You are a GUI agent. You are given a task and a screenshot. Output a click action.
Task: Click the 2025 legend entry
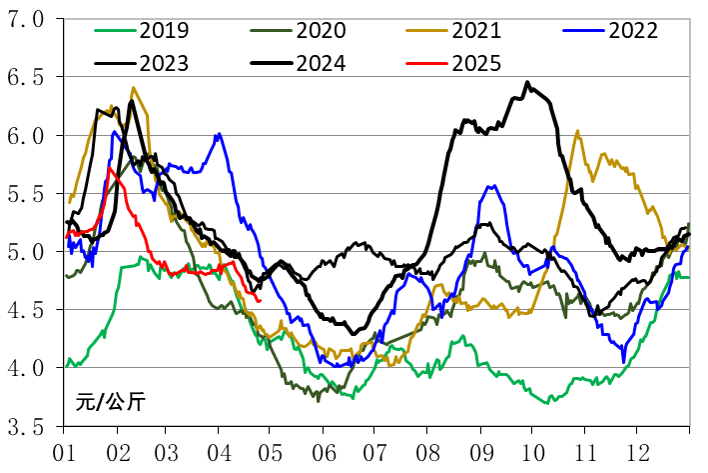pyautogui.click(x=475, y=64)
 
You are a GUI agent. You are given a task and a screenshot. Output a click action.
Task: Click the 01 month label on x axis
pyautogui.click(x=65, y=451)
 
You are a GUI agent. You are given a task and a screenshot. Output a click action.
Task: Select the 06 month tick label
pyautogui.click(x=322, y=451)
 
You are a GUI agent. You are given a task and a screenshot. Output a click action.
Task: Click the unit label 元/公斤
pyautogui.click(x=110, y=404)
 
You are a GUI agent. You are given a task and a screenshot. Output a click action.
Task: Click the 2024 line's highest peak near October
pyautogui.click(x=527, y=83)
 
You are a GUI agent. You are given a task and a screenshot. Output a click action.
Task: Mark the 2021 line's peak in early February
pyautogui.click(x=134, y=88)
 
